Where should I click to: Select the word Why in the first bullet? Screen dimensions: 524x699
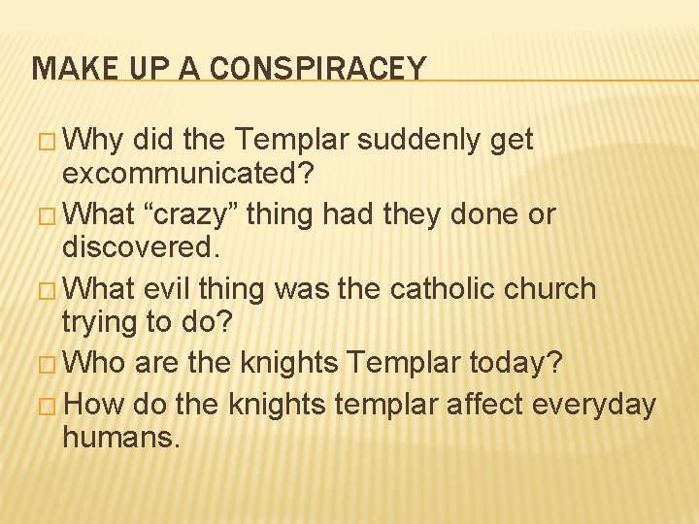pyautogui.click(x=97, y=141)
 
